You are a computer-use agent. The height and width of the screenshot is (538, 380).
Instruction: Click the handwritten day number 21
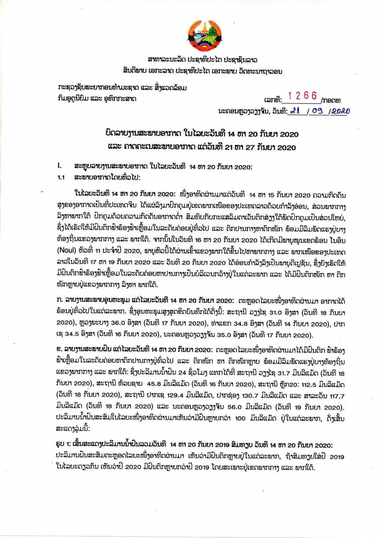click(x=296, y=111)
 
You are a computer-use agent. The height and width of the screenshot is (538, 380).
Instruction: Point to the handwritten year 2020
click(x=341, y=111)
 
